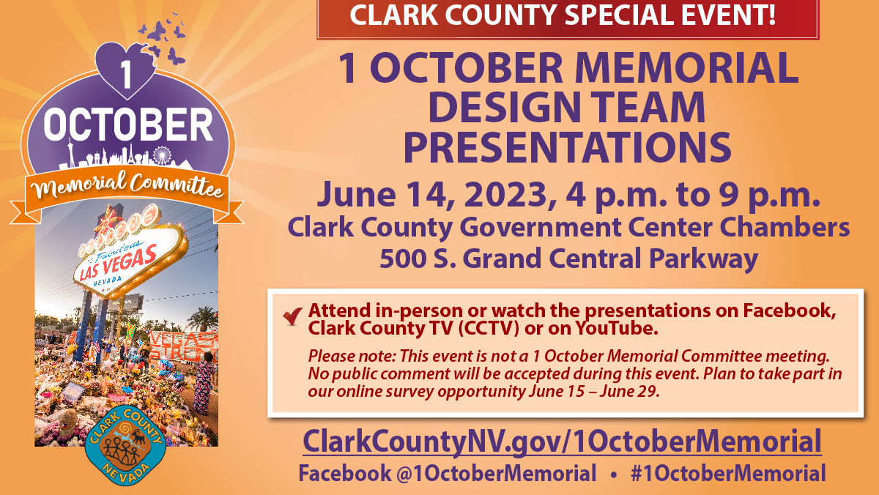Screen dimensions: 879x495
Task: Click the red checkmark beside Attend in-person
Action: (293, 316)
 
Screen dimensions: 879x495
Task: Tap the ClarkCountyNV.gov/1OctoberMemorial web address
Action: (562, 442)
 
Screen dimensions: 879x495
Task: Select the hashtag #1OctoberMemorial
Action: (728, 473)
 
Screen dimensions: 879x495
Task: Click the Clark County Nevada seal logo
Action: (125, 445)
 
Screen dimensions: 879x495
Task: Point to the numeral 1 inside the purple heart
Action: (125, 74)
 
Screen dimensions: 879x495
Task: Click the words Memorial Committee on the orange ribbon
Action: (127, 185)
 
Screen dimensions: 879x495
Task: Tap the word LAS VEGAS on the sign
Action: (118, 263)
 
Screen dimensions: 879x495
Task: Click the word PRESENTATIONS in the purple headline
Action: (568, 147)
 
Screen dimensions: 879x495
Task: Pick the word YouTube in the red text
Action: (617, 328)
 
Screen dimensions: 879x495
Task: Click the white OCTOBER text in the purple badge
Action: (128, 124)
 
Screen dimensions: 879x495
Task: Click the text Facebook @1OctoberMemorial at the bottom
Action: (448, 473)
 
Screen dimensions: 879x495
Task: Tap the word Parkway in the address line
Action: (703, 259)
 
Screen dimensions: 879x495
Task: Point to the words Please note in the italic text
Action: (351, 357)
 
